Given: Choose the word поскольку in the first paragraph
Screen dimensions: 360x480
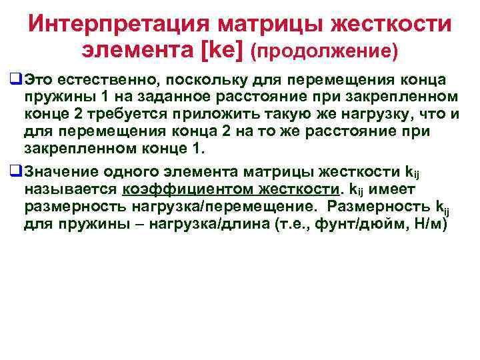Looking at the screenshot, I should pyautogui.click(x=199, y=81).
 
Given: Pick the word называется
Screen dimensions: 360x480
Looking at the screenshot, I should pyautogui.click(x=69, y=189).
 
